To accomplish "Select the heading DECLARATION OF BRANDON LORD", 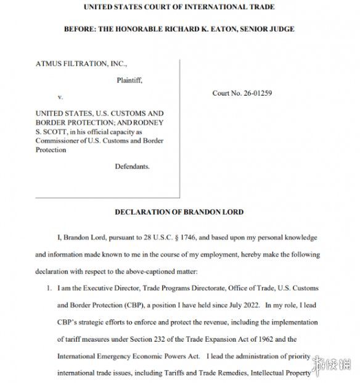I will click(179, 212).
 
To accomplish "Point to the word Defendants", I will click(132, 167).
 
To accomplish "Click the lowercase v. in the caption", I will click(60, 97).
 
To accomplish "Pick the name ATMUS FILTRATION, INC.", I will click(81, 64).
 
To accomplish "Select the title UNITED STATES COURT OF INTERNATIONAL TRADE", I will click(179, 7).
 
